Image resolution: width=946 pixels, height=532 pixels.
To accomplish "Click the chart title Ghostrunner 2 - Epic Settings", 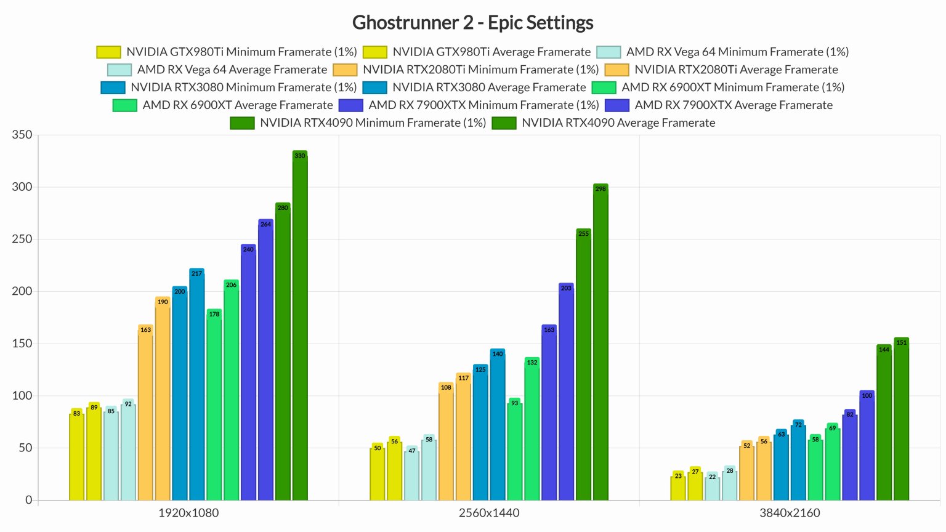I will click(x=472, y=23).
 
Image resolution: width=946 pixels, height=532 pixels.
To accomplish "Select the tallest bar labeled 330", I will click(x=300, y=326).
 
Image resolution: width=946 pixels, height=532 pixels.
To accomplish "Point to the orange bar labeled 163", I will click(x=145, y=413).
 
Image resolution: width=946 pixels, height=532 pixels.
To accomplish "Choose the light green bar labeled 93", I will click(x=514, y=449).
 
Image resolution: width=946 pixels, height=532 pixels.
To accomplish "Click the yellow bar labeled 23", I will click(x=677, y=486).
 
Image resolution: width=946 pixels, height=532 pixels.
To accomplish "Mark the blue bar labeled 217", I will click(x=196, y=385).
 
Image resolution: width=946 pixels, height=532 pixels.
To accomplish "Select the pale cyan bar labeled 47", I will click(x=411, y=474).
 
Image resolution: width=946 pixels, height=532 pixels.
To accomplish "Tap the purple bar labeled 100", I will click(x=867, y=446).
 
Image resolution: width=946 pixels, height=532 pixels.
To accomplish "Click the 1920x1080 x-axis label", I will click(x=188, y=513).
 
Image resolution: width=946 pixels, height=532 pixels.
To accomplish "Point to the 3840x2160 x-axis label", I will click(x=790, y=513).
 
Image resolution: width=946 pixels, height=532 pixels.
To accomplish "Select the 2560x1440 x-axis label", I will click(x=489, y=513).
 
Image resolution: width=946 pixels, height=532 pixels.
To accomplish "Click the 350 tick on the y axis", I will click(x=22, y=135).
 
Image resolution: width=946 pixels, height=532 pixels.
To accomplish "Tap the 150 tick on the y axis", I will click(x=22, y=344).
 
